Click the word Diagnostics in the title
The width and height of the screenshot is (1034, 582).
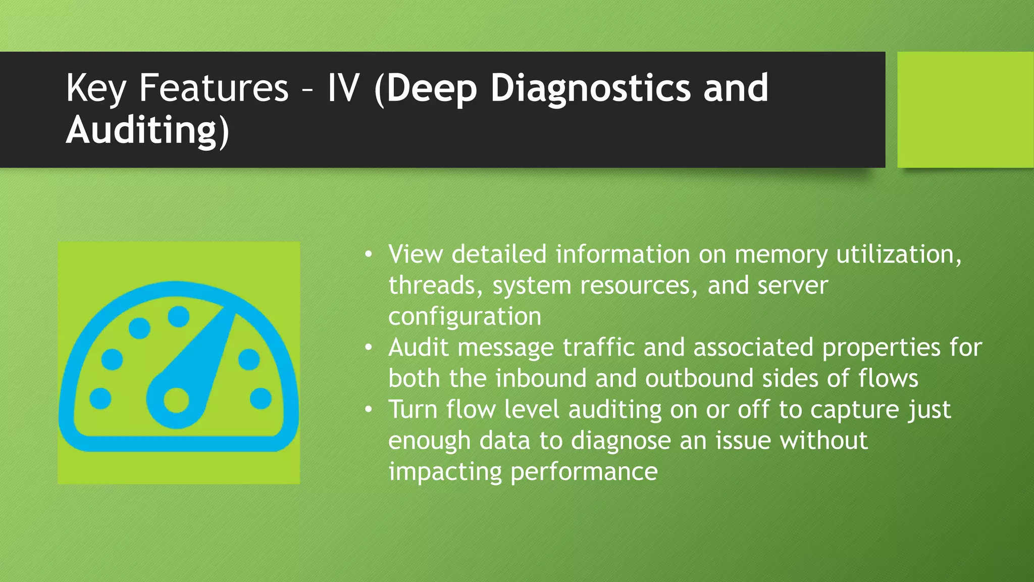(590, 88)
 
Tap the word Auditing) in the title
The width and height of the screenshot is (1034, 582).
(147, 130)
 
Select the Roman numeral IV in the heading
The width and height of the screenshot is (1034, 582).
(343, 88)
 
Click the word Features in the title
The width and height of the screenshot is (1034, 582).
(214, 88)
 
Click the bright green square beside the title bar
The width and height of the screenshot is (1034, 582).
(965, 110)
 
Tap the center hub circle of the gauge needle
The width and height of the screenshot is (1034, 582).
(176, 401)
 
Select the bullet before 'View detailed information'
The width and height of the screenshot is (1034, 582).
(369, 254)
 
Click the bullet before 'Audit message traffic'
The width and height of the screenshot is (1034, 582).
(369, 347)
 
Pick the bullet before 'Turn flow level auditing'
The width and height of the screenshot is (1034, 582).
(369, 409)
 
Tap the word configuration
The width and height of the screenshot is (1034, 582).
(464, 317)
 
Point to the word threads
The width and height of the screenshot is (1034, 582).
(432, 285)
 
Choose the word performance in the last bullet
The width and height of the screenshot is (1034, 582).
(584, 472)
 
